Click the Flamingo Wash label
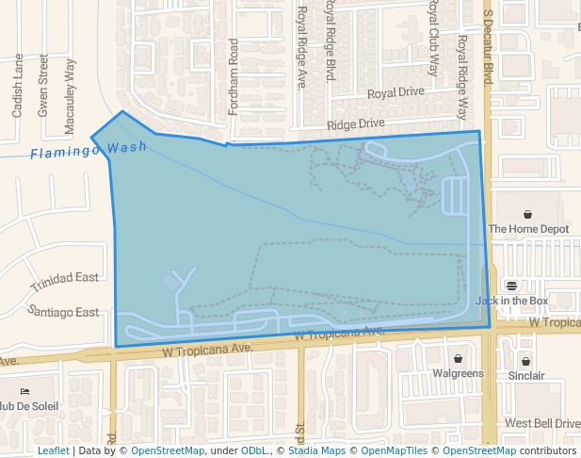[88, 151]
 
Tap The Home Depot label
[528, 229]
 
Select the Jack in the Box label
[511, 301]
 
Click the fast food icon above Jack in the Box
[511, 286]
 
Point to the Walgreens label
[458, 374]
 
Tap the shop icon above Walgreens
[458, 359]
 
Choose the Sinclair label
[526, 376]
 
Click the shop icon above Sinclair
[526, 361]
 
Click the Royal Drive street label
[395, 93]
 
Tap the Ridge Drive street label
[356, 123]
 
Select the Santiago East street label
[64, 312]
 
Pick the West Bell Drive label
[542, 423]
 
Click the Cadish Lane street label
[18, 86]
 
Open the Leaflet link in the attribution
[53, 451]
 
